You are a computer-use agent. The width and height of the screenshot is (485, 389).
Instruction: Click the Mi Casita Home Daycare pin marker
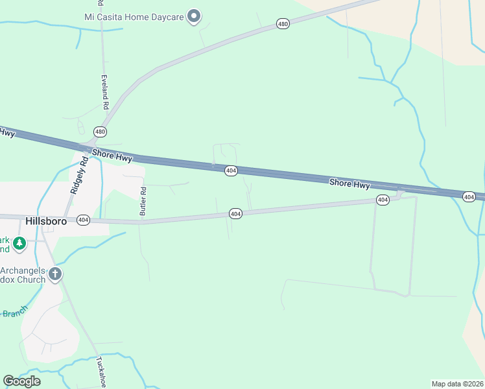(193, 16)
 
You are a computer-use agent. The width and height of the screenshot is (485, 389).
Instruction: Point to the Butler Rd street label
(144, 202)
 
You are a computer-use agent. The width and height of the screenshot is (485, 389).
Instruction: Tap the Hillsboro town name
(47, 220)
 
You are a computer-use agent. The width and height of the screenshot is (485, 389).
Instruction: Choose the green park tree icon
(19, 243)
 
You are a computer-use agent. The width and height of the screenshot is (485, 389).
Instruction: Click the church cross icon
(55, 274)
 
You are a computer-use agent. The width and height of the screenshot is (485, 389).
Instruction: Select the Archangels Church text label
(23, 275)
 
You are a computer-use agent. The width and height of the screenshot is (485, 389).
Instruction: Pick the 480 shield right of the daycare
(283, 24)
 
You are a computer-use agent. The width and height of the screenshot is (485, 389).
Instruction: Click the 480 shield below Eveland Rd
(100, 132)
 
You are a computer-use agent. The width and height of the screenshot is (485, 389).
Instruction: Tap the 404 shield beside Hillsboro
(83, 220)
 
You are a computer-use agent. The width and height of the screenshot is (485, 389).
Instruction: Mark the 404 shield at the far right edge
(469, 196)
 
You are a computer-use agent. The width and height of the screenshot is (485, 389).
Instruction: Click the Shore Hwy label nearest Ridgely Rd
(112, 156)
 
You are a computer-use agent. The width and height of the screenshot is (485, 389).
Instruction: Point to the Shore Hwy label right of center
(349, 184)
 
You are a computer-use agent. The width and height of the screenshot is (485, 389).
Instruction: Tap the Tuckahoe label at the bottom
(101, 372)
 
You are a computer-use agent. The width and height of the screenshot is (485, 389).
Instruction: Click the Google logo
(21, 381)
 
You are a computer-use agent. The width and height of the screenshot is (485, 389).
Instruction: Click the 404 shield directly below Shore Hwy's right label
(383, 200)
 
